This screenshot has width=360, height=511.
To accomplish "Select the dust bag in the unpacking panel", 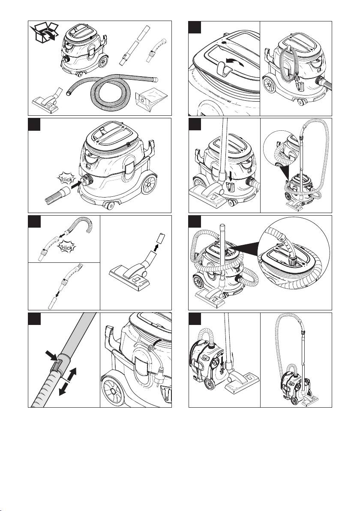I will coord(151,102).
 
